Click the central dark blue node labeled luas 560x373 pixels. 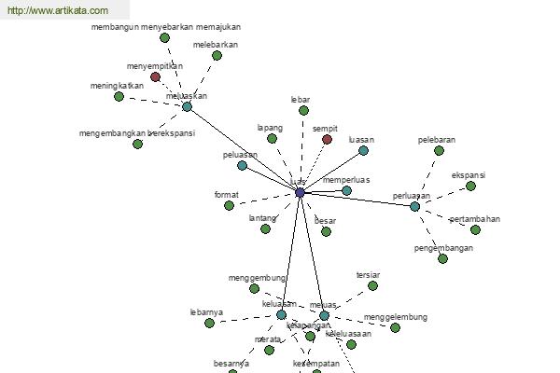click(x=300, y=192)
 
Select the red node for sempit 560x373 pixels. click(x=327, y=140)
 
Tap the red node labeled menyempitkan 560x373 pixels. click(x=156, y=77)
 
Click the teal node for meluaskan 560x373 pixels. click(x=187, y=107)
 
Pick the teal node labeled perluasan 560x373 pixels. click(x=414, y=206)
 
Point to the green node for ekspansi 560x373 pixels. click(x=470, y=186)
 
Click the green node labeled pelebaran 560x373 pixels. click(x=439, y=151)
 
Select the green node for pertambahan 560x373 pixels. click(x=475, y=229)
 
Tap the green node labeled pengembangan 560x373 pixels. click(x=442, y=258)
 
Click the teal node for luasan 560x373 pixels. click(x=363, y=150)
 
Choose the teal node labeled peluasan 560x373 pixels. click(x=242, y=166)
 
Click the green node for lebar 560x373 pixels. click(x=303, y=111)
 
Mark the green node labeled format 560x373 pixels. click(x=229, y=205)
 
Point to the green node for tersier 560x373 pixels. click(x=372, y=286)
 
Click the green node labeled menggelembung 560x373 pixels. click(x=395, y=327)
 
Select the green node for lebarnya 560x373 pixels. click(x=209, y=323)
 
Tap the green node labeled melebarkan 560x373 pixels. click(x=217, y=56)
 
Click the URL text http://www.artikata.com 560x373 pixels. click(x=57, y=11)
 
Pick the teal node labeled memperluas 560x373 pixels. click(x=346, y=190)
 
